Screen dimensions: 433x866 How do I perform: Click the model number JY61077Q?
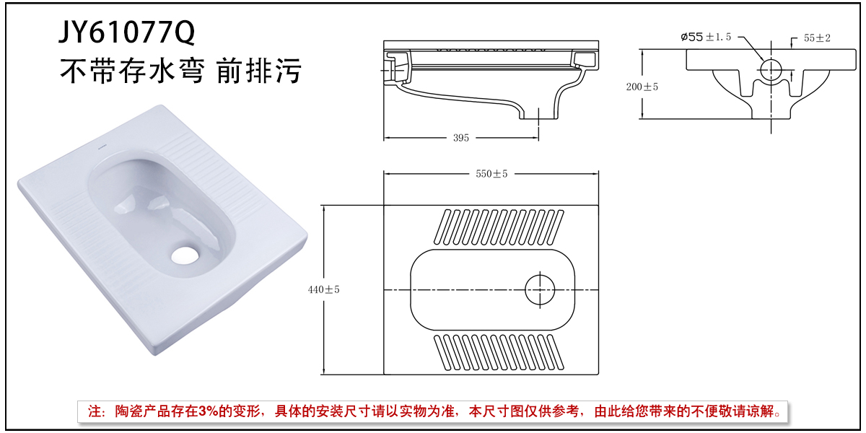(126, 32)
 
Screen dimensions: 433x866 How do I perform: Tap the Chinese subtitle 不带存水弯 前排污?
(180, 71)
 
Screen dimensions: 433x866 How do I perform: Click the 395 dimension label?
(460, 138)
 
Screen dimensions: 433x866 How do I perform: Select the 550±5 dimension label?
(491, 174)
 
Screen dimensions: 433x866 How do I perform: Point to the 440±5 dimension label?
(323, 289)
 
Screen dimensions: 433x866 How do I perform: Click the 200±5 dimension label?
(642, 87)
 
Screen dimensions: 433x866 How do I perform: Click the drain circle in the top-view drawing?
(541, 289)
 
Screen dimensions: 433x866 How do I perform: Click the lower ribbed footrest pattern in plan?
(498, 351)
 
